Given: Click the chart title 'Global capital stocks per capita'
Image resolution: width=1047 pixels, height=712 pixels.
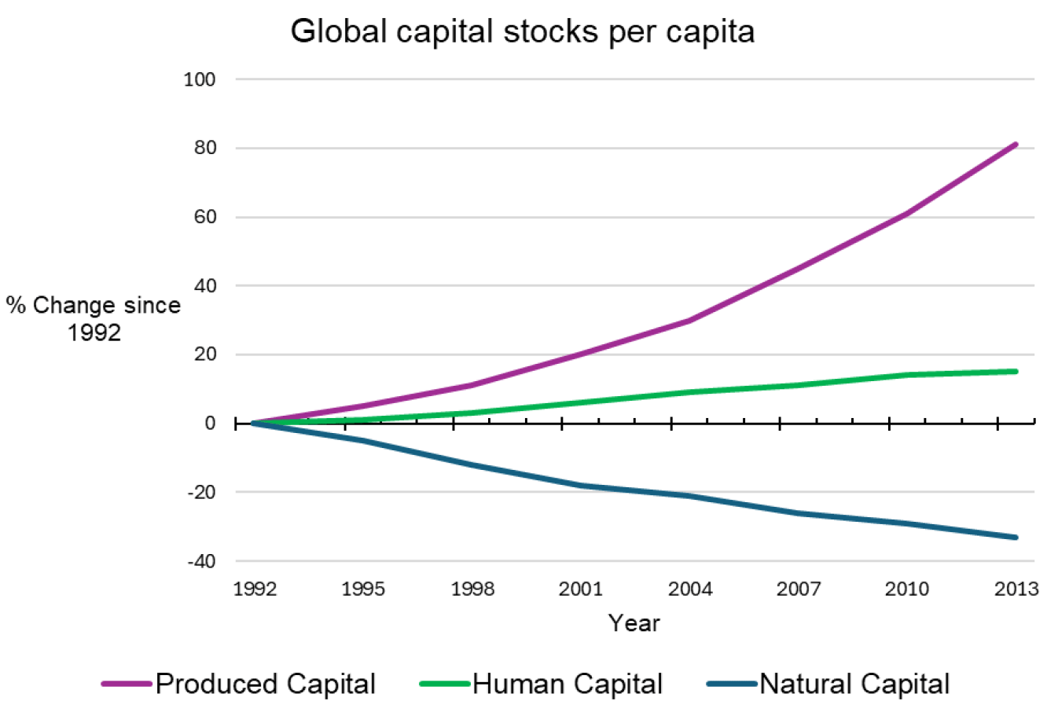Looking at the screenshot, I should tap(522, 31).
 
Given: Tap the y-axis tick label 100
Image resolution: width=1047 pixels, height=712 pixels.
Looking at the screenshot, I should tap(199, 79).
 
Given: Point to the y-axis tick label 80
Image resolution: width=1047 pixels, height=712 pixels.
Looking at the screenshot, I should tap(204, 148).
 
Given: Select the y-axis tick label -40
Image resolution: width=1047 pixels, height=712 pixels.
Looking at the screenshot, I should tap(201, 561).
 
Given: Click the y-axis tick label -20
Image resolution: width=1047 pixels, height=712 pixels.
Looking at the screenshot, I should tap(201, 492).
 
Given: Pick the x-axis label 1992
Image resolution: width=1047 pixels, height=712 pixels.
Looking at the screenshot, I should tap(255, 589).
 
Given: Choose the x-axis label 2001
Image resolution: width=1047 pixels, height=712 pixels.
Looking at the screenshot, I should tap(580, 589).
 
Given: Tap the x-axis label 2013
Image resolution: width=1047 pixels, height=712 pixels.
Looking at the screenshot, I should tap(1016, 589).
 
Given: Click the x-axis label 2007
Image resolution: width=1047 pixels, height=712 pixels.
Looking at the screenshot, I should tap(799, 589).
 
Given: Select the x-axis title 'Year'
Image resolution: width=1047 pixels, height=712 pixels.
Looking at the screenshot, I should tap(634, 623).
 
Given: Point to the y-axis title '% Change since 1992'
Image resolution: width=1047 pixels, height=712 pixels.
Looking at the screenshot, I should tap(94, 318).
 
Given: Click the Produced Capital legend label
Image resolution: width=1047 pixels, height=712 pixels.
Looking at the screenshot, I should tap(266, 684).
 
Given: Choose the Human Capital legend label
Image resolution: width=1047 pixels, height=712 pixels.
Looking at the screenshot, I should tap(568, 684).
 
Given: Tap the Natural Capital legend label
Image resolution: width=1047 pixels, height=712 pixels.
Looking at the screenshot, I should tap(854, 684).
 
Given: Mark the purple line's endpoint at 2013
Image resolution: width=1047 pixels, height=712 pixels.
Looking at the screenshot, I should tap(1016, 145).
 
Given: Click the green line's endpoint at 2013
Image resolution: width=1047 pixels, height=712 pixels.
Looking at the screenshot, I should tap(1016, 371).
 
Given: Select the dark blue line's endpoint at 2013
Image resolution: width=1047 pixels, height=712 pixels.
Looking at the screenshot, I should tap(1016, 538).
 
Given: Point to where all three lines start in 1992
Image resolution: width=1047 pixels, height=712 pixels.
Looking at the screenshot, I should tap(253, 423).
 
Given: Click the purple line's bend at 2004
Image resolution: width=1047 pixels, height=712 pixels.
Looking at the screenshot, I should tap(689, 321).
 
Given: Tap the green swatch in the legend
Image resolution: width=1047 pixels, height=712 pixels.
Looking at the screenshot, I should tap(444, 684).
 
